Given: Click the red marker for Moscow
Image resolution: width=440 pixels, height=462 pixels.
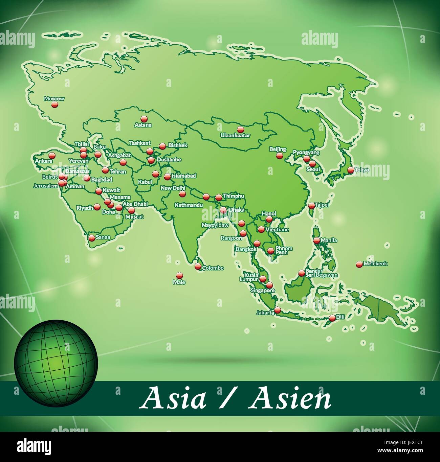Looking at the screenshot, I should click(x=54, y=105).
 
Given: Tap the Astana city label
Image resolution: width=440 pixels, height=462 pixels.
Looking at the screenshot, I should click(x=143, y=125).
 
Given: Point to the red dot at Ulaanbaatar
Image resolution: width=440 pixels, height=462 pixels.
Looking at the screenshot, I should click(x=240, y=129).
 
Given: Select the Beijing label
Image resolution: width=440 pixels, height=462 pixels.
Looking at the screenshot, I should click(x=278, y=149).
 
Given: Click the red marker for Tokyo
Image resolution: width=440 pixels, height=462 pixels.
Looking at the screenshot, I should click(x=351, y=170).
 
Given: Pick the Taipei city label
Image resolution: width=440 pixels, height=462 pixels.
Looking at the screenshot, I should click(x=322, y=205).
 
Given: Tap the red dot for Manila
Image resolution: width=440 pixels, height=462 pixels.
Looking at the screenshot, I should click(x=316, y=241).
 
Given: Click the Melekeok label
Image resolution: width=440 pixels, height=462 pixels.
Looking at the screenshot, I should click(x=375, y=263).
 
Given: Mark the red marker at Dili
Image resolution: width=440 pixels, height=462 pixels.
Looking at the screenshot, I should click(x=332, y=318).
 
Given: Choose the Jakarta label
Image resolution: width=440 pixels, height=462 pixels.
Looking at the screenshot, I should click(x=265, y=313).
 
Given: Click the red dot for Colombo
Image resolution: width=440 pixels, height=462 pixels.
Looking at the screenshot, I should click(x=198, y=267).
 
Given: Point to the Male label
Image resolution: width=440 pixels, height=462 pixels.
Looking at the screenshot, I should click(x=179, y=282).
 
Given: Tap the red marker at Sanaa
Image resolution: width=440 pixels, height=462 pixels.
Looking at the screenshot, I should click(x=92, y=238).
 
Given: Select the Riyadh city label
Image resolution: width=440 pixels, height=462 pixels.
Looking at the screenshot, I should click(x=84, y=208).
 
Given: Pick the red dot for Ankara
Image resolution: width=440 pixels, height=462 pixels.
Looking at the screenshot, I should click(x=52, y=156).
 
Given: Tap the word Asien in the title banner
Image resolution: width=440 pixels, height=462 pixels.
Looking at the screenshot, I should click(x=290, y=399).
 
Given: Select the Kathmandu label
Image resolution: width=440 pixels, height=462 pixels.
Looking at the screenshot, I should click(x=189, y=205).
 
